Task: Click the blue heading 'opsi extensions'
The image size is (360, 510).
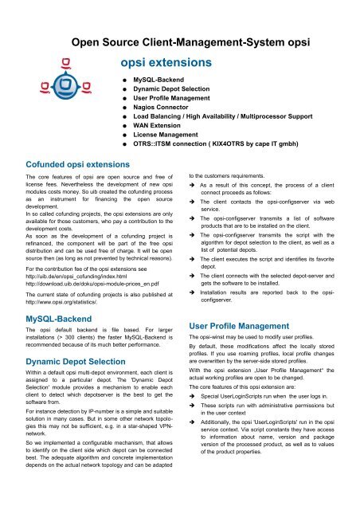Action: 165,61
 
